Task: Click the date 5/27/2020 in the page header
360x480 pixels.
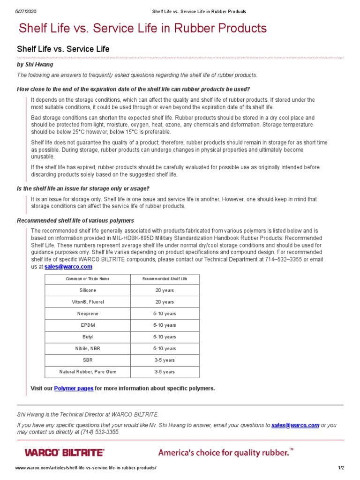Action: point(26,11)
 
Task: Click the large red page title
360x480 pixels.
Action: point(142,29)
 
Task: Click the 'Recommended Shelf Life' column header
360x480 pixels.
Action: point(165,279)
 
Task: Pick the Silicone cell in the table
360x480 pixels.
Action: point(88,291)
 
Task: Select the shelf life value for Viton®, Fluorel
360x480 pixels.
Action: point(165,302)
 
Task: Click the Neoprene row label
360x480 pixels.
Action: point(88,314)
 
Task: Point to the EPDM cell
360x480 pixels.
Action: point(88,325)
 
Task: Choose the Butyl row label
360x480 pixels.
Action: point(88,337)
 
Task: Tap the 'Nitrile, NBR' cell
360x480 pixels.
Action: point(88,349)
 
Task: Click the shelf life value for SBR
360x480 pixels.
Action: point(165,360)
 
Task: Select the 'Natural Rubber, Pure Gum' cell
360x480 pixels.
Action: point(88,372)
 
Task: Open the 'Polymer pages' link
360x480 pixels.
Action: point(74,389)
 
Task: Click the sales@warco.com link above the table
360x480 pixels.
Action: point(68,267)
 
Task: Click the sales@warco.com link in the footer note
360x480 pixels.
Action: point(295,425)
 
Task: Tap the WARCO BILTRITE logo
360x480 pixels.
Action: point(64,452)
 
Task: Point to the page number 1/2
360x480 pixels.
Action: point(341,468)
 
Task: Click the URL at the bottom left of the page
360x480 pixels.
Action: point(86,468)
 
